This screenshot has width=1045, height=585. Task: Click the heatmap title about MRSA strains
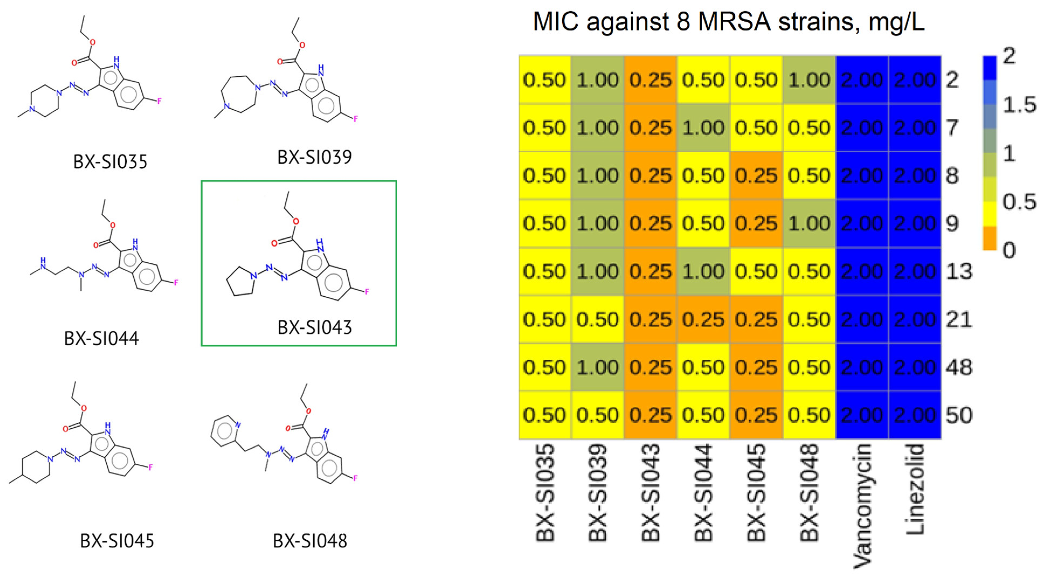coord(728,22)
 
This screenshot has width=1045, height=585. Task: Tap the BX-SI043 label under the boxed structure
coord(314,328)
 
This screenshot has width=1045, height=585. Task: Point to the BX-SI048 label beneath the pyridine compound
coord(310,541)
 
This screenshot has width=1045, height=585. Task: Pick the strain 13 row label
coord(959,271)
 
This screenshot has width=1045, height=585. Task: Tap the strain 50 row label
coord(959,415)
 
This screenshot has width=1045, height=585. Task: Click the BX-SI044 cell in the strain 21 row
coord(703,319)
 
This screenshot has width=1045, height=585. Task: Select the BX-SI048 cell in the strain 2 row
coord(809,80)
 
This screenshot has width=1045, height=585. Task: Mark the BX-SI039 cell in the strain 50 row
coord(598,415)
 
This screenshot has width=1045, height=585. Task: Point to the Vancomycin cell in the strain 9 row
coord(862,224)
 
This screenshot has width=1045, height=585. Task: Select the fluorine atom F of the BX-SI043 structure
coord(367,292)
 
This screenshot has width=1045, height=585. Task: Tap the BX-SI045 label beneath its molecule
coord(117,541)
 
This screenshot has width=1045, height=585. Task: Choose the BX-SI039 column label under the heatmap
coord(598,493)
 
